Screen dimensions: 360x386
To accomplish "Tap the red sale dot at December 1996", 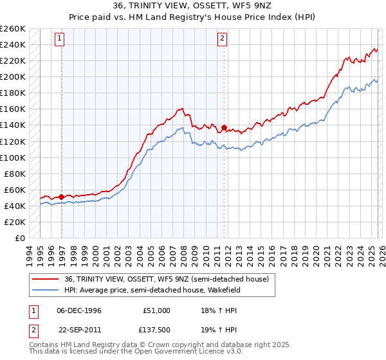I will pos(62,197).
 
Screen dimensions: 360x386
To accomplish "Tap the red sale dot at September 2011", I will pos(224,127).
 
